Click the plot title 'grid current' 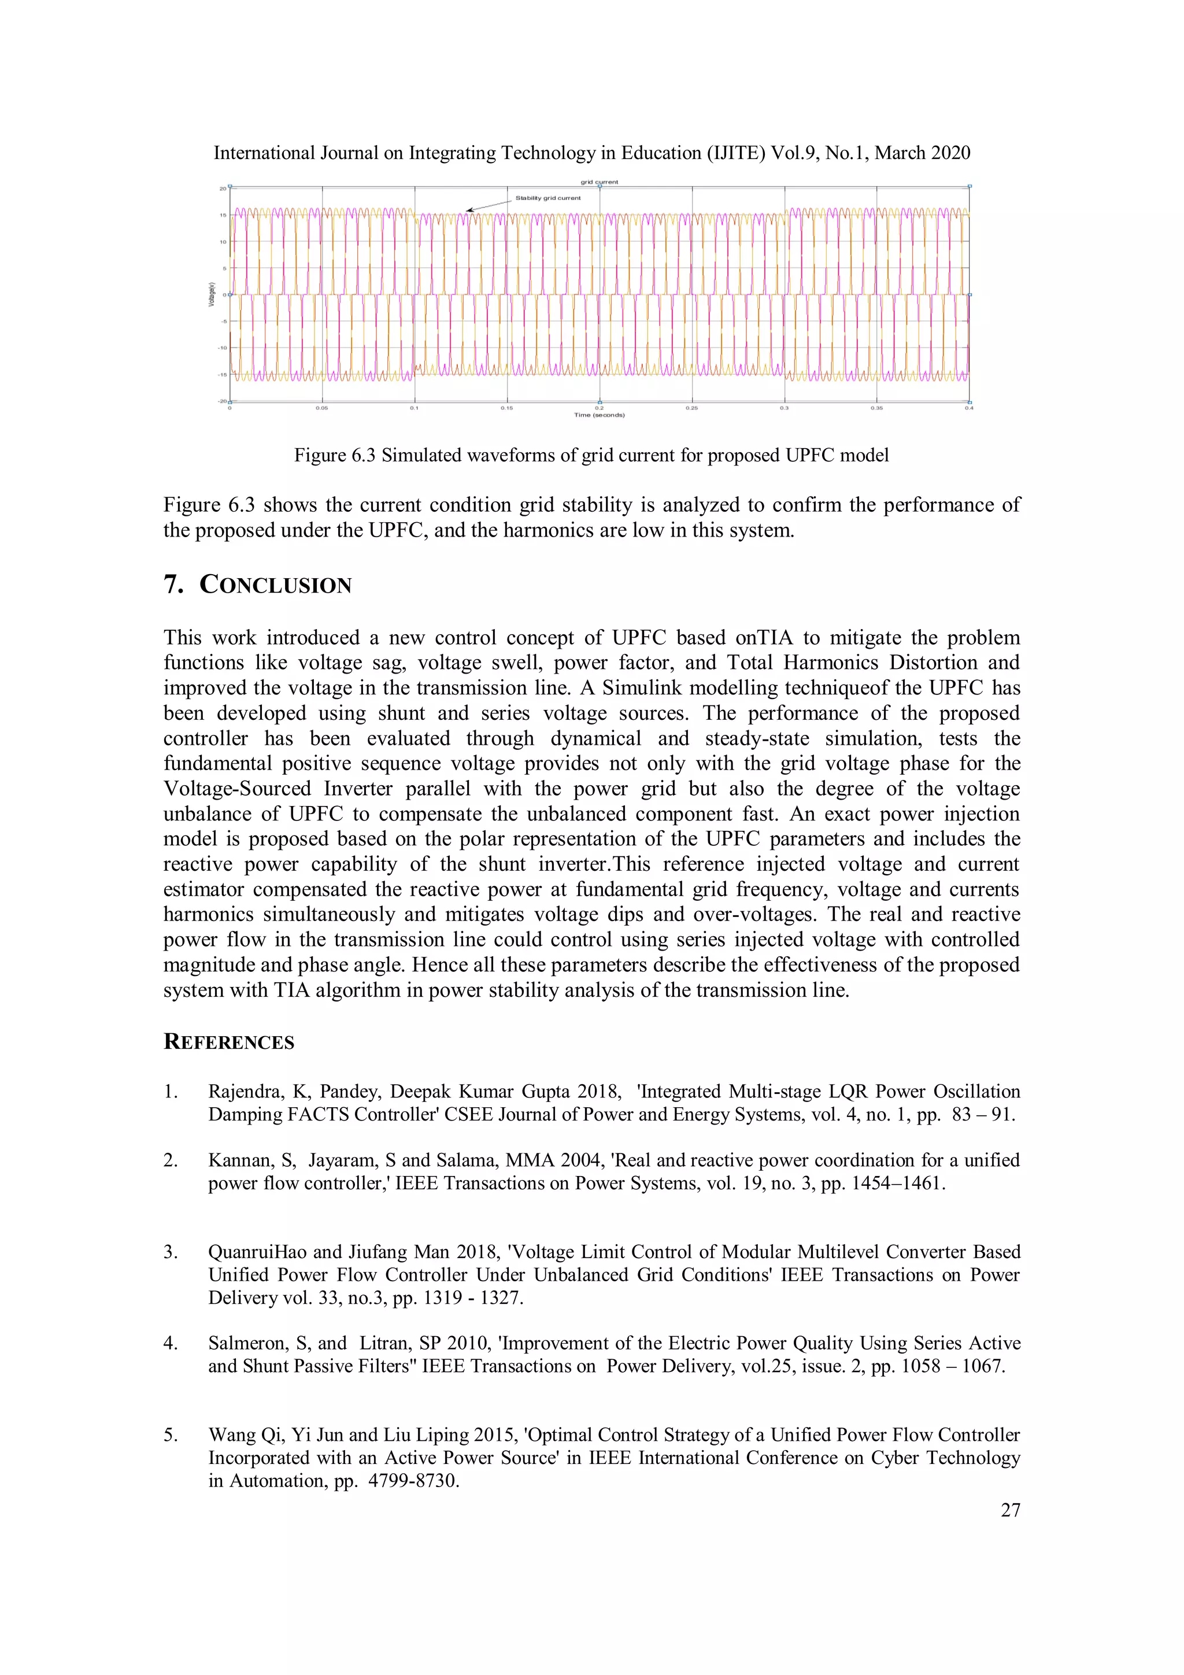[599, 182]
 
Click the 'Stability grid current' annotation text [548, 198]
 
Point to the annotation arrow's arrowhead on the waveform [469, 211]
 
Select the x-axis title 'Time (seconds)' [599, 415]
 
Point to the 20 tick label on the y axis [223, 188]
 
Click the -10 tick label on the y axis [222, 348]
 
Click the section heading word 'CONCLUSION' [276, 585]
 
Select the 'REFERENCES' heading [229, 1042]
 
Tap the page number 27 [1009, 1504]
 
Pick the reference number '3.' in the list [171, 1252]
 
